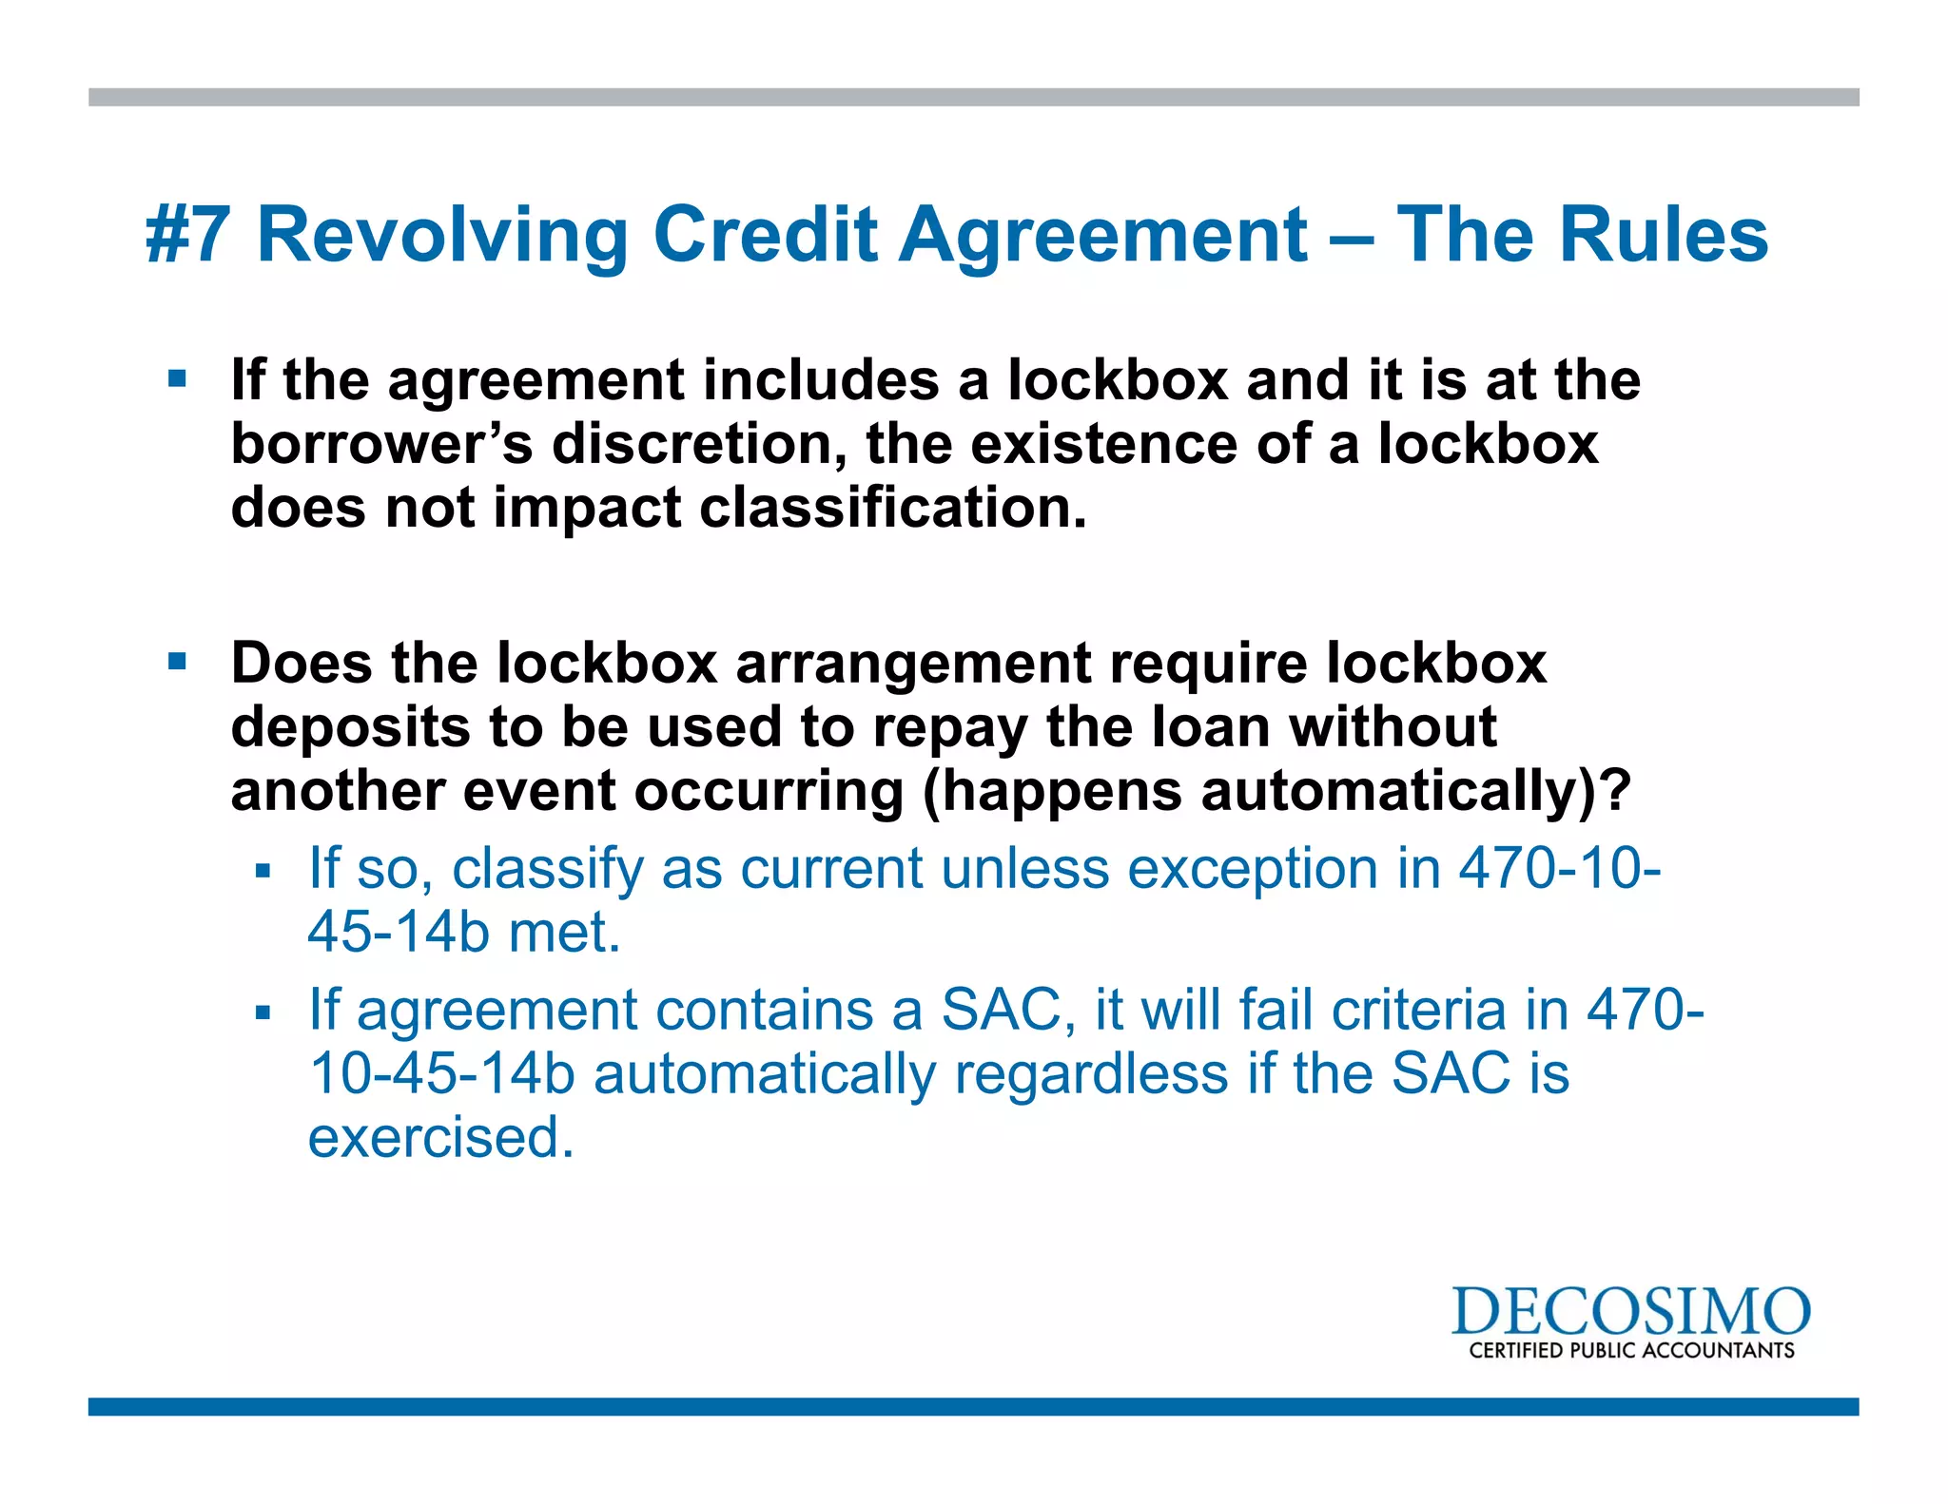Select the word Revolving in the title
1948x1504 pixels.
tap(442, 236)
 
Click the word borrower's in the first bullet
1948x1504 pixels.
tap(381, 444)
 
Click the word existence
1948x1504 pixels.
tap(1103, 444)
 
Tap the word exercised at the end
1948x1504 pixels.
tap(441, 1138)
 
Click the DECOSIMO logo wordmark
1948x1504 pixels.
tap(1630, 1313)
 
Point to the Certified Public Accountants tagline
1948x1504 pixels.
tap(1631, 1351)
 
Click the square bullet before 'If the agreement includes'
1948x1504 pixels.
tap(177, 379)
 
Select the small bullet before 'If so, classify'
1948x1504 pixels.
tap(263, 870)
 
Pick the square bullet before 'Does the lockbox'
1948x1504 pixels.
tap(177, 661)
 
